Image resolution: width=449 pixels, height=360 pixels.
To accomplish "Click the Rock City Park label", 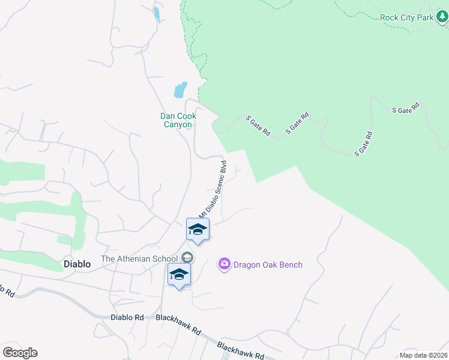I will pos(406,17).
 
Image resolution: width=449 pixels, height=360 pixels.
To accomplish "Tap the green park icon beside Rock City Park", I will pos(442,17).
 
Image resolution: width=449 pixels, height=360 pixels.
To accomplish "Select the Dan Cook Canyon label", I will pos(176,120).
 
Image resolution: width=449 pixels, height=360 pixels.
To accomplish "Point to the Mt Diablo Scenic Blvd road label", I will pos(213,189).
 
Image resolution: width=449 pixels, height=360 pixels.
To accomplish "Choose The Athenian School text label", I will pos(140,259).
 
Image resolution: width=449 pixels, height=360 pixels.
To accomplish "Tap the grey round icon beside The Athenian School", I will pos(187,257).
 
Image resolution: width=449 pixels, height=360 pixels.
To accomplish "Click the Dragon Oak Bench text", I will pos(268,265).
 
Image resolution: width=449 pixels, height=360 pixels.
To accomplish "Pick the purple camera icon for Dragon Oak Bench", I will pos(224,264).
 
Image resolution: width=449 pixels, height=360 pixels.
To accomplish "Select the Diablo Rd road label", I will pos(127,317).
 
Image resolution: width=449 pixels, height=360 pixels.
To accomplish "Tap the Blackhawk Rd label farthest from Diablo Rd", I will pos(240,351).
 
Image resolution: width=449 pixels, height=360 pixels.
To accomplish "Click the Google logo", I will pos(20,353).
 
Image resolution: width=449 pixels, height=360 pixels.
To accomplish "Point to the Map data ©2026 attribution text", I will pos(423,355).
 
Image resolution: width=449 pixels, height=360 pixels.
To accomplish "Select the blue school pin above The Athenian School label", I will pos(198,230).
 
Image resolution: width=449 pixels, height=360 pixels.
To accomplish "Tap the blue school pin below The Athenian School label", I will pos(179,275).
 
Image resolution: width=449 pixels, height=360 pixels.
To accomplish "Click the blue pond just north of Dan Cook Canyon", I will pos(180,91).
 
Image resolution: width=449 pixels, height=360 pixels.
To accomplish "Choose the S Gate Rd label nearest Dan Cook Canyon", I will pos(258,125).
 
